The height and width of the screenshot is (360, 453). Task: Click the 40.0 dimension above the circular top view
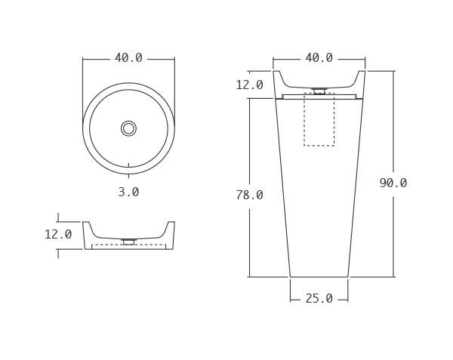pyautogui.click(x=128, y=58)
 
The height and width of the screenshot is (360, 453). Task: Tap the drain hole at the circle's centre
pyautogui.click(x=128, y=128)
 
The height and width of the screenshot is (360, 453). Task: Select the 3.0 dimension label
pyautogui.click(x=128, y=192)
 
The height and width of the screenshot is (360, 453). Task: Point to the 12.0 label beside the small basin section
pyautogui.click(x=58, y=235)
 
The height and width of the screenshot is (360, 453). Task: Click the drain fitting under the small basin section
pyautogui.click(x=128, y=242)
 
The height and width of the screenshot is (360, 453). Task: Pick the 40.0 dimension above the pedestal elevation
pyautogui.click(x=319, y=58)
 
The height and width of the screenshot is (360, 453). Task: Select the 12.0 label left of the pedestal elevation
pyautogui.click(x=249, y=85)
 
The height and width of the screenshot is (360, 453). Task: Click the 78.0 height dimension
pyautogui.click(x=249, y=195)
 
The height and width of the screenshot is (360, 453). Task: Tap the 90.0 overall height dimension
pyautogui.click(x=393, y=183)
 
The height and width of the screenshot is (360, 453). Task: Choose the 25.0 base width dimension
pyautogui.click(x=319, y=299)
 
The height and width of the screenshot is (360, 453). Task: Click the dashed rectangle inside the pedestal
pyautogui.click(x=319, y=121)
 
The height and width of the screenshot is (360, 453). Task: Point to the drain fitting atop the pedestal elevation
pyautogui.click(x=319, y=91)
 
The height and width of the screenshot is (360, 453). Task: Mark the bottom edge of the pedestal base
pyautogui.click(x=319, y=277)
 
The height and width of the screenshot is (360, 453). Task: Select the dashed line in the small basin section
pyautogui.click(x=128, y=245)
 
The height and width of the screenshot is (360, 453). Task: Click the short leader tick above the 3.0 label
pyautogui.click(x=128, y=165)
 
